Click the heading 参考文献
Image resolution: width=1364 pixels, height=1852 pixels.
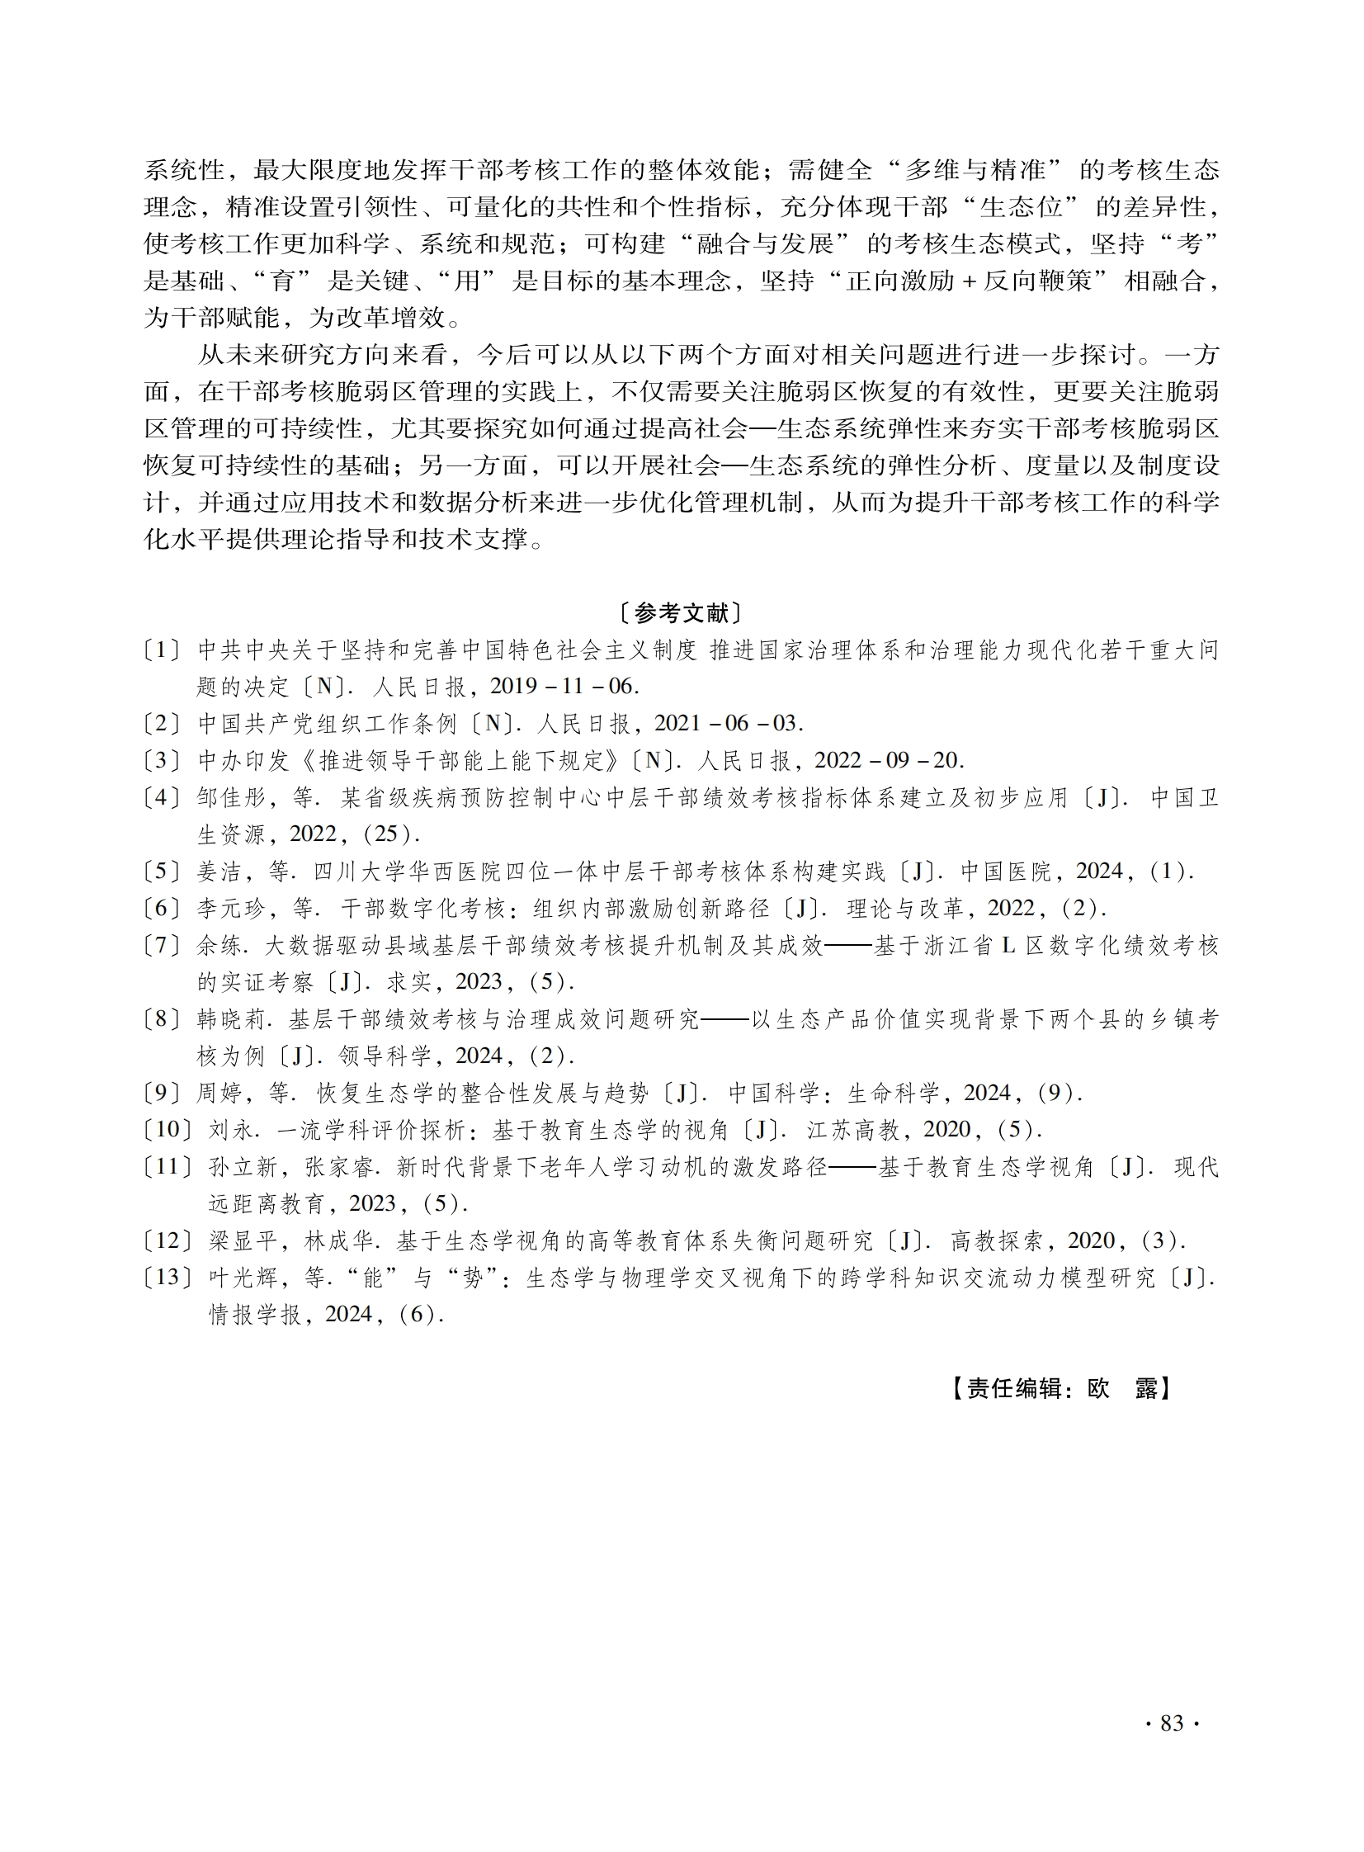tap(681, 613)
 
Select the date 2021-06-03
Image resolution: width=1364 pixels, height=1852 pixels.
tap(728, 724)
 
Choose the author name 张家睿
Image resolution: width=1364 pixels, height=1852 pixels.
tap(342, 1168)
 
